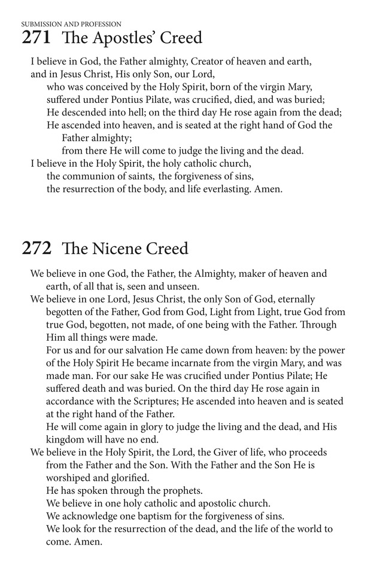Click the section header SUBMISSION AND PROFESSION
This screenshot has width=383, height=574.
71,24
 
